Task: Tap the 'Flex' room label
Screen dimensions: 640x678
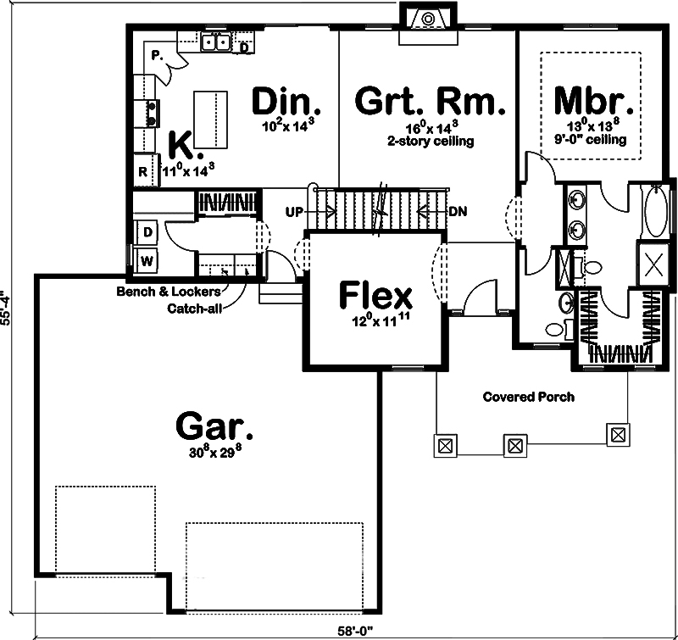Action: pos(375,296)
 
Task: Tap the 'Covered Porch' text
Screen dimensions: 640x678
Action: pos(528,397)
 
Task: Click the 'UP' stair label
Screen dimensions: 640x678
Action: pos(294,211)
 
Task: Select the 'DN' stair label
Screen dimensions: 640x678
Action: pos(456,211)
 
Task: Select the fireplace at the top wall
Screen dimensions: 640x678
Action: pos(429,19)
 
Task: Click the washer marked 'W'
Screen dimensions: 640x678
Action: pos(146,259)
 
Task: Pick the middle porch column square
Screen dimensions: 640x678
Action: pos(514,445)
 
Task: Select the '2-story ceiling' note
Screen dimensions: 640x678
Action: pos(431,141)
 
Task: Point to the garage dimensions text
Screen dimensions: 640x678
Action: pos(215,451)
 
